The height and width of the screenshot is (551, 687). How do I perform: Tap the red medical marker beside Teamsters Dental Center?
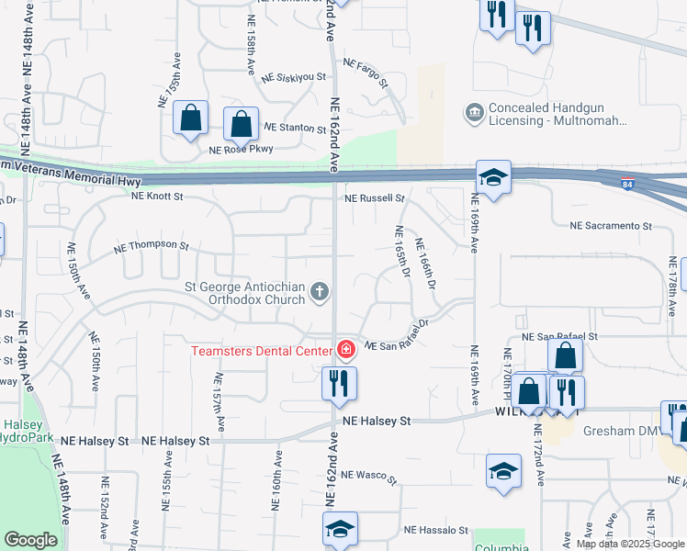coord(346,349)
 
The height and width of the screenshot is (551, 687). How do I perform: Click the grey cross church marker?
coord(320,292)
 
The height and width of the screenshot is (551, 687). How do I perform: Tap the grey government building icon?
coord(475,113)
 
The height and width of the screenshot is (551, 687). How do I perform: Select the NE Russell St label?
coord(375,197)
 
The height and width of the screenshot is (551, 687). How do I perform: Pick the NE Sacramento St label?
coord(610,225)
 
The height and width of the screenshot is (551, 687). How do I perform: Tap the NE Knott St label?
coord(157,196)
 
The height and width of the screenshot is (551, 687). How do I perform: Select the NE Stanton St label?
coord(295,127)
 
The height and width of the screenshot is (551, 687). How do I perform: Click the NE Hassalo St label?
coord(436,530)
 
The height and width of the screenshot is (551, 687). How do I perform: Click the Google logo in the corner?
coord(31,541)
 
